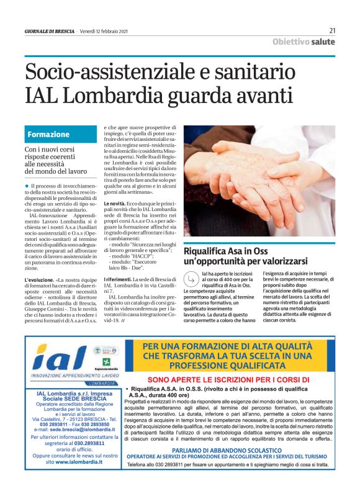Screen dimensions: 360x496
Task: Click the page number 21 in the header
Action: (x=332, y=30)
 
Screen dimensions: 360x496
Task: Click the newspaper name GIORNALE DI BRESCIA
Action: (x=50, y=30)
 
